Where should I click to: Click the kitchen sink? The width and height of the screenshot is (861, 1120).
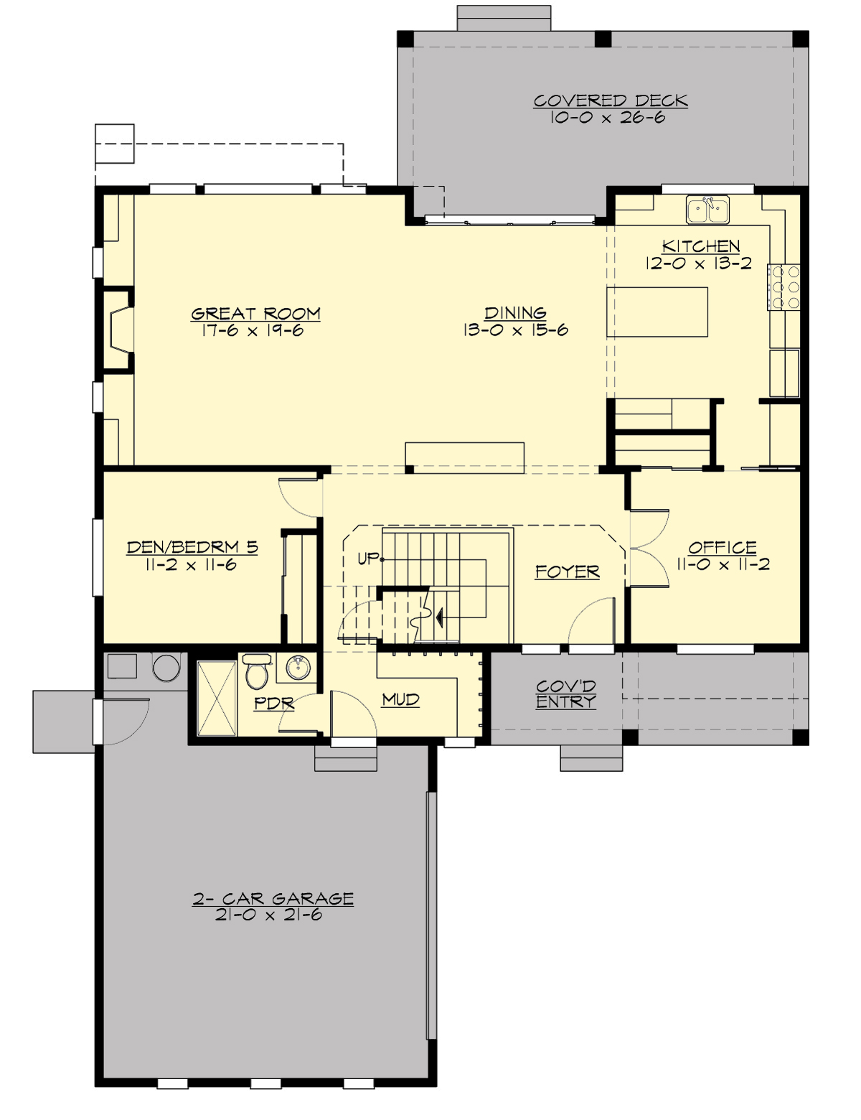707,210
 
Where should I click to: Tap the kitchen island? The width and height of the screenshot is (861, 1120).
657,312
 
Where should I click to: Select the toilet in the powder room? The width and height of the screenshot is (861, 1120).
256,672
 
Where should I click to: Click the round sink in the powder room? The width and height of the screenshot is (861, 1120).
297,668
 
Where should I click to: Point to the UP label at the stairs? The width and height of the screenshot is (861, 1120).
368,558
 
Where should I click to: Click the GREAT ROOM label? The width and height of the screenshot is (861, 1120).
255,314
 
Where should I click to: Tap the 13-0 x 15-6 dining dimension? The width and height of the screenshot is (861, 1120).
515,330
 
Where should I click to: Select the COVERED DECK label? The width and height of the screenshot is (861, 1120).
610,101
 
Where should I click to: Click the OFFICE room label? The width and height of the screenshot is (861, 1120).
722,548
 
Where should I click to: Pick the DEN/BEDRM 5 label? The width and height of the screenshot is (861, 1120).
192,547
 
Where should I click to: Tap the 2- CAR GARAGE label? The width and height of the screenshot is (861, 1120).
273,898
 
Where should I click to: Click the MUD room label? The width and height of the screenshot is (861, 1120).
400,699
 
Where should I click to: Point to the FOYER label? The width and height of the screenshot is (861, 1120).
567,571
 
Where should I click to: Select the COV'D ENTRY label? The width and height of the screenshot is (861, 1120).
566,694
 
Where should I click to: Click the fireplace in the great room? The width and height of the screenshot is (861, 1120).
119,330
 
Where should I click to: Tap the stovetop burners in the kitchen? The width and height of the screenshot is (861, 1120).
784,287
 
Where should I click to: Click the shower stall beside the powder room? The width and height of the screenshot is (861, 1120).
216,698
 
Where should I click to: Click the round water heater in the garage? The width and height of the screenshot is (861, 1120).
166,667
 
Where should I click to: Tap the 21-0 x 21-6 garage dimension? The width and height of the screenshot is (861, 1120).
268,915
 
